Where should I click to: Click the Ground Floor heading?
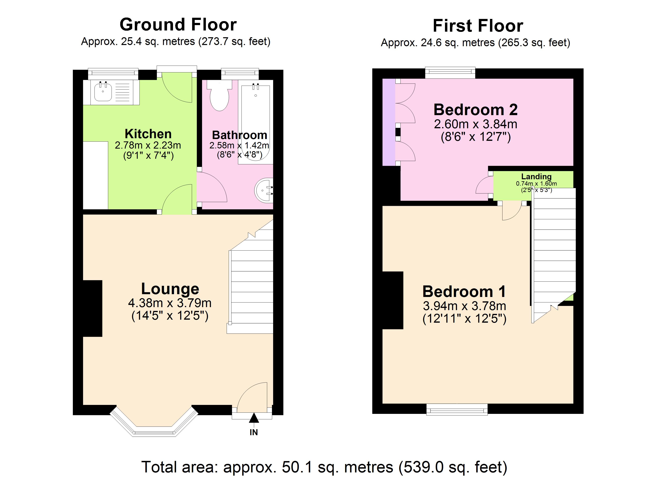point(178,25)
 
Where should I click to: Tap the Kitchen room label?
point(148,134)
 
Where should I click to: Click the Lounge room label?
point(170,289)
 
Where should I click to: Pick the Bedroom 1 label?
point(464,292)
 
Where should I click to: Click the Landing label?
point(536,176)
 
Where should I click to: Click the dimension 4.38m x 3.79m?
point(170,303)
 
